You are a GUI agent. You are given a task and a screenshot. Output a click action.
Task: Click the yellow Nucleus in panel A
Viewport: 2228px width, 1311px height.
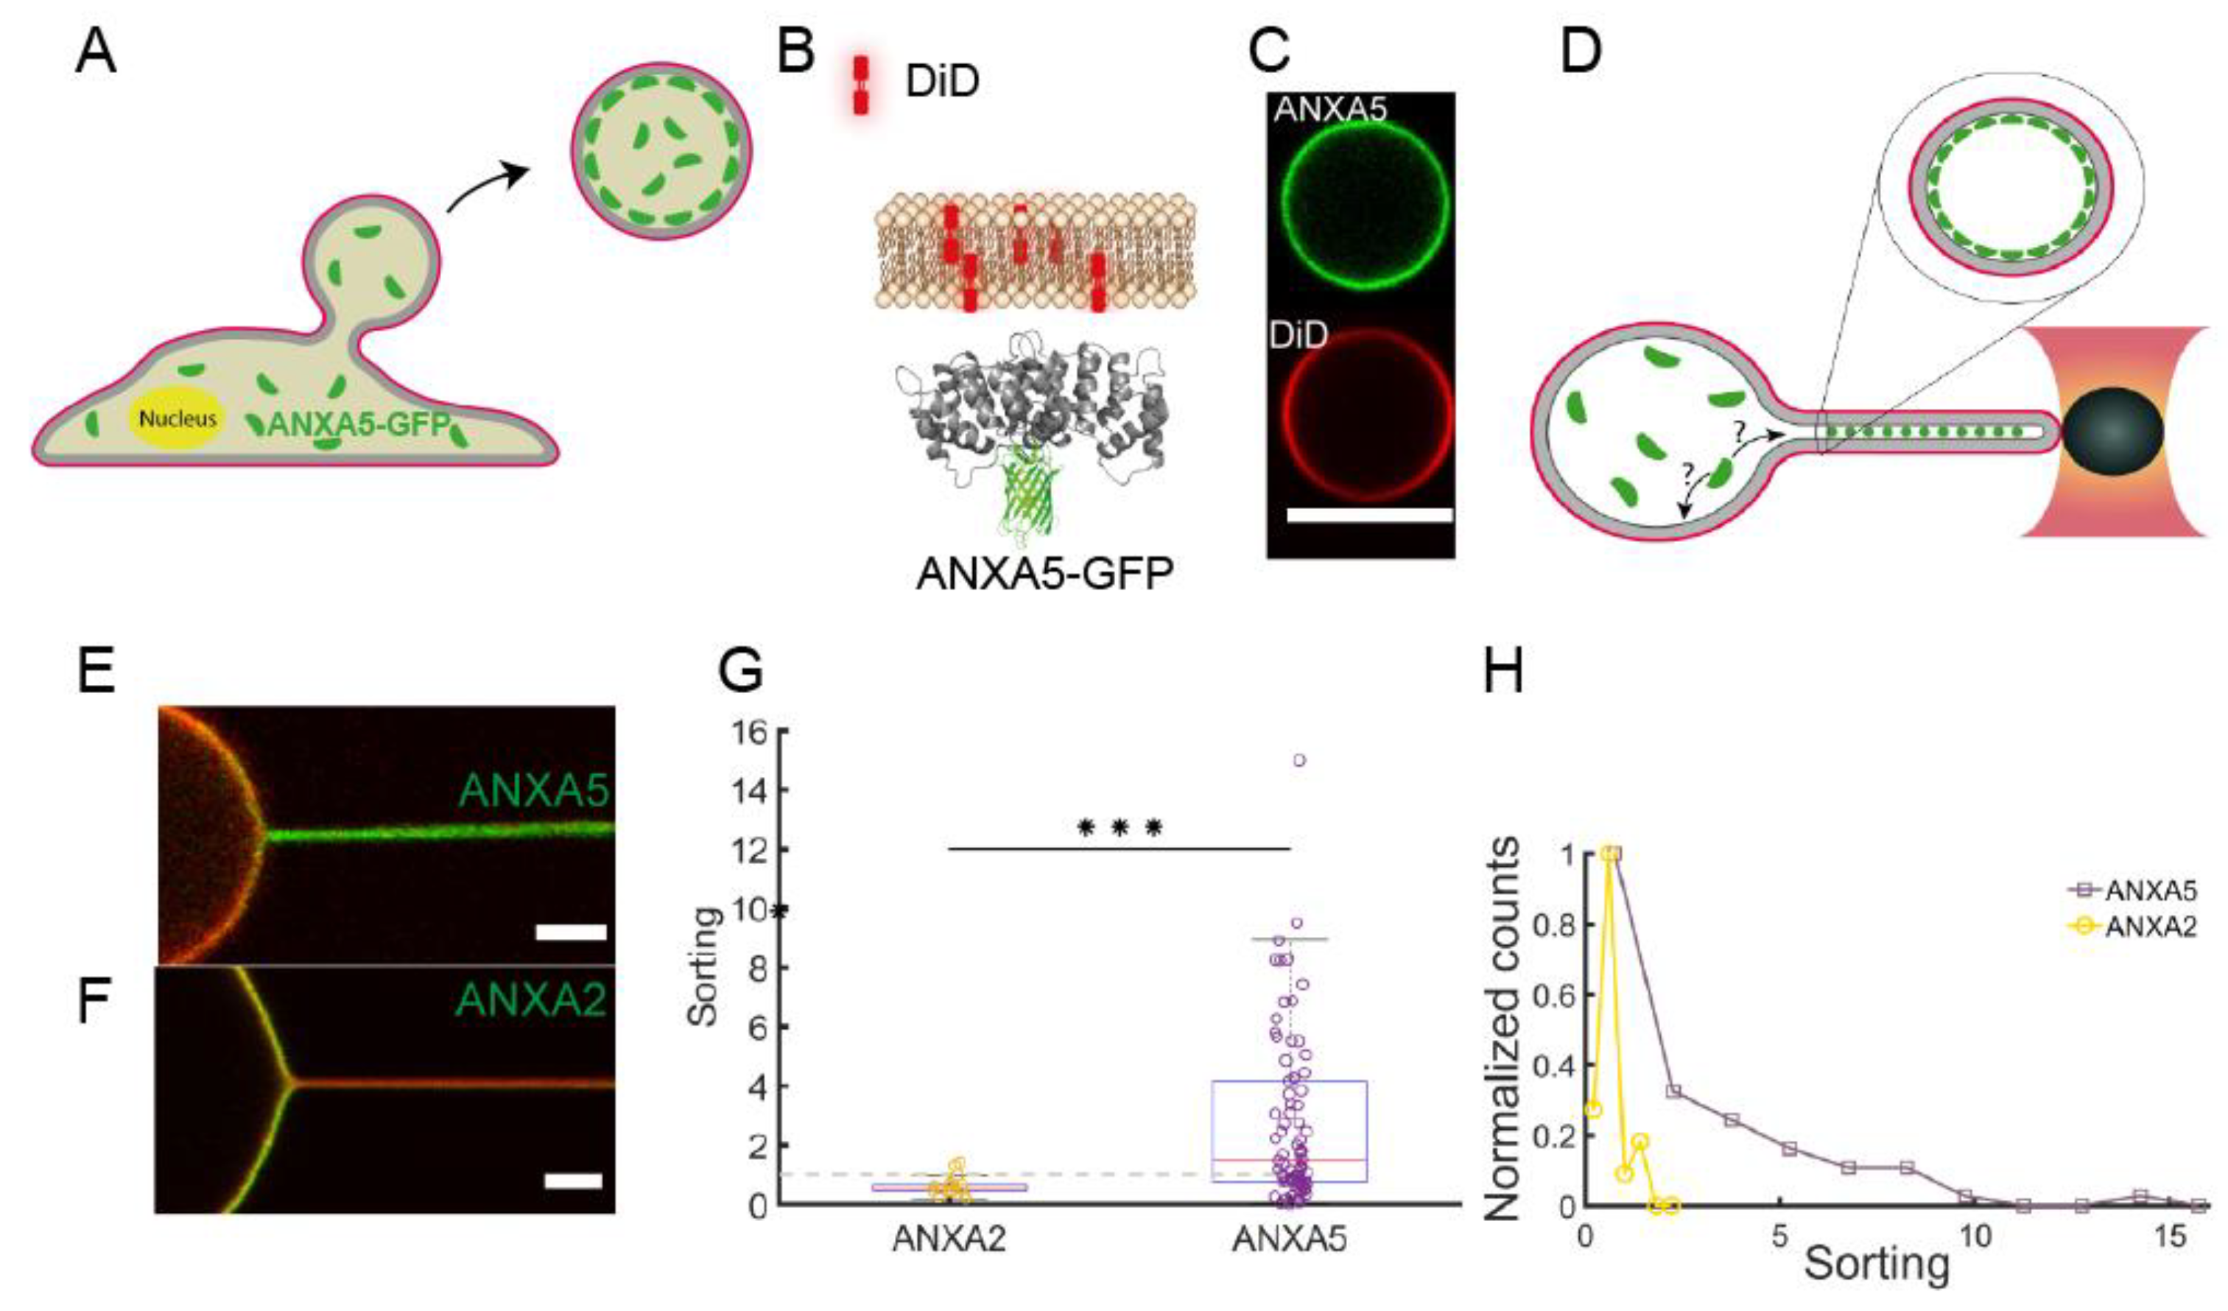[x=178, y=418]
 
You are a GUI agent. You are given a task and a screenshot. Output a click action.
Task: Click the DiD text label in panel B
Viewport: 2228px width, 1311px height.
[x=941, y=81]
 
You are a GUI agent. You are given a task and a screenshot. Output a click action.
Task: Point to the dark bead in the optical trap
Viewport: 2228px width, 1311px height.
[x=2113, y=431]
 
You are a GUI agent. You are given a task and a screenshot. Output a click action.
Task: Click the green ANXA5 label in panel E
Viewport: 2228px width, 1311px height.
[x=534, y=790]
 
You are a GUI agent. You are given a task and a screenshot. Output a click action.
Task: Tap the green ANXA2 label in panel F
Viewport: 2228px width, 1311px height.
[x=531, y=1000]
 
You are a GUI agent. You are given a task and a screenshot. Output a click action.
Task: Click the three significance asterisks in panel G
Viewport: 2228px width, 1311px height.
[x=1119, y=829]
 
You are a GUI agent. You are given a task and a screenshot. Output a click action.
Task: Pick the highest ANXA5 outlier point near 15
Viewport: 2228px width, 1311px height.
[x=1299, y=760]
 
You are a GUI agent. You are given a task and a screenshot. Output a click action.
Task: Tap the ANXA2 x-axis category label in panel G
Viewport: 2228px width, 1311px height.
[x=949, y=1240]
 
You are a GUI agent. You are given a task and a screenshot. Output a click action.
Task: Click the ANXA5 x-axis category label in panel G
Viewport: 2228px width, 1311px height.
[x=1289, y=1240]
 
